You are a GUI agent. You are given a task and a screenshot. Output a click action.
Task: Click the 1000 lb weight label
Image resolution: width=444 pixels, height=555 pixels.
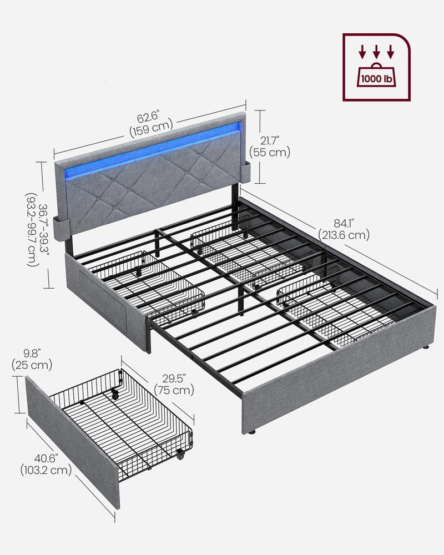pos(376,79)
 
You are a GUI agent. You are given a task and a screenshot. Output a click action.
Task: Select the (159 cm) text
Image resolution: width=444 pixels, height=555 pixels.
pos(151,129)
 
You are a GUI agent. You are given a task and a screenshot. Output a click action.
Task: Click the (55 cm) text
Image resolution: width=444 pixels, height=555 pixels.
pos(270,152)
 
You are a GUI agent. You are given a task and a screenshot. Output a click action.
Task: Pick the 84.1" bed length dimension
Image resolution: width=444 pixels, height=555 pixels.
pos(344,223)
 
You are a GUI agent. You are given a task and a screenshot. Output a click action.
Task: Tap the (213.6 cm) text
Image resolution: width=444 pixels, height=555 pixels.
pos(344,235)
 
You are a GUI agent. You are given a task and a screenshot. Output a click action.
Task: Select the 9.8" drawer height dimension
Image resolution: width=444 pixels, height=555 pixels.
pos(32,353)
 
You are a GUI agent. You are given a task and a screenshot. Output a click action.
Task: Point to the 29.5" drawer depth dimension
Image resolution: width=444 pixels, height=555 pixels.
pos(174,379)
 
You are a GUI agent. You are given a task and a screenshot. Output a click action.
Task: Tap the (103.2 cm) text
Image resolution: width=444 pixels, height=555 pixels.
pos(46,471)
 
